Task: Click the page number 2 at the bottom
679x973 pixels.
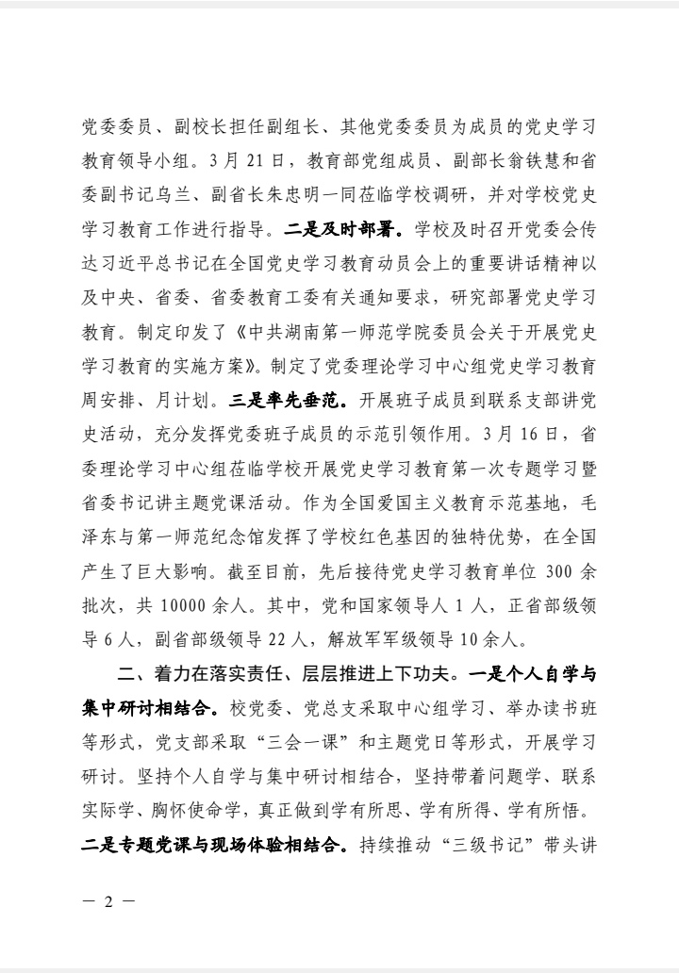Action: (108, 900)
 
